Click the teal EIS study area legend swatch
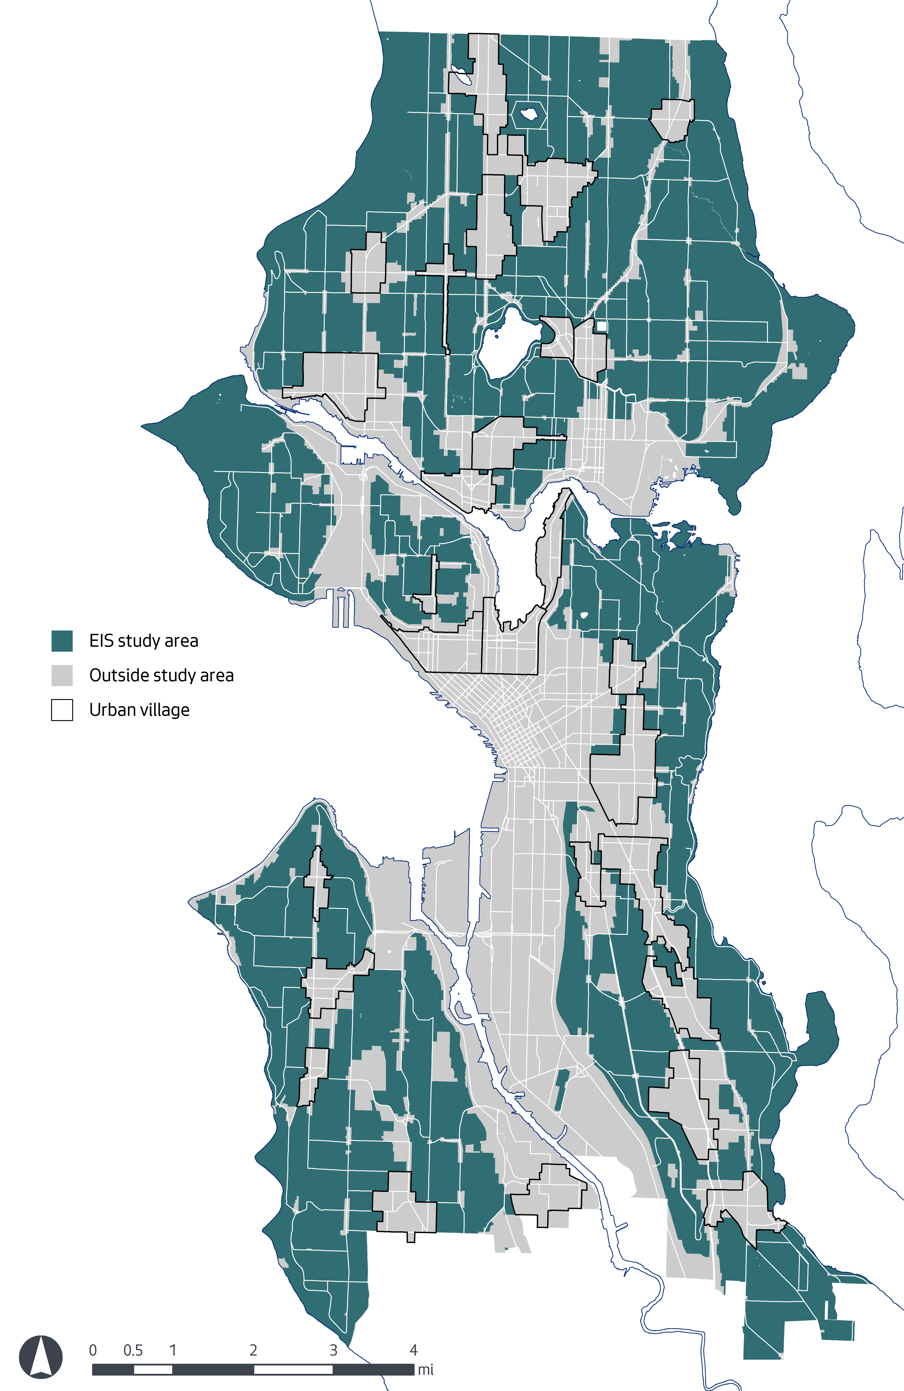62,641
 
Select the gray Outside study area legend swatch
62,675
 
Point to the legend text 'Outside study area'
161,675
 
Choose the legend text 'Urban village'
139,710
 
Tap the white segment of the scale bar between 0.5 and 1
153,1369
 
